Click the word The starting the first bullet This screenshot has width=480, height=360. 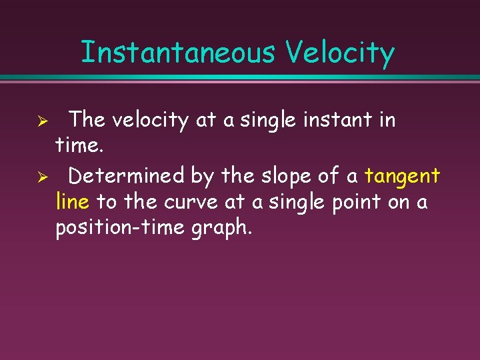tap(88, 120)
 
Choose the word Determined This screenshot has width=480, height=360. tap(127, 176)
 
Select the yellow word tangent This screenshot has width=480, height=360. tap(402, 177)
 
